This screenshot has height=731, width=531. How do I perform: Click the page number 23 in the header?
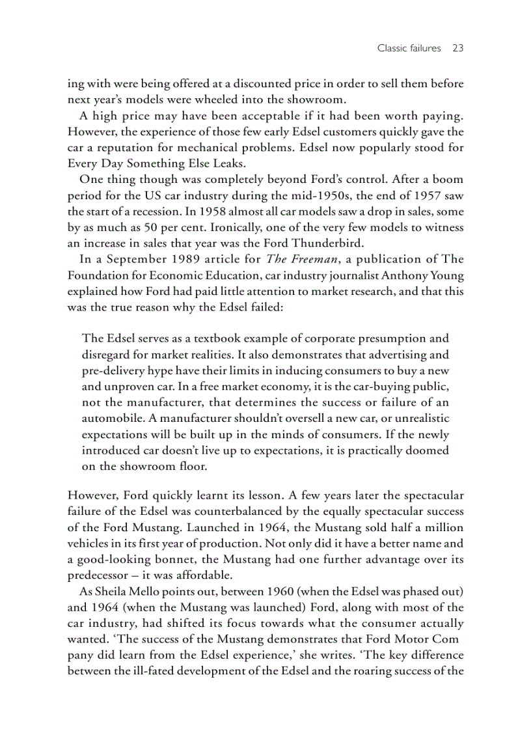tap(457, 48)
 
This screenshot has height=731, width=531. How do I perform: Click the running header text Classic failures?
tap(409, 48)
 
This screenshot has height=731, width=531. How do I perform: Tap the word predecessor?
tap(98, 576)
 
